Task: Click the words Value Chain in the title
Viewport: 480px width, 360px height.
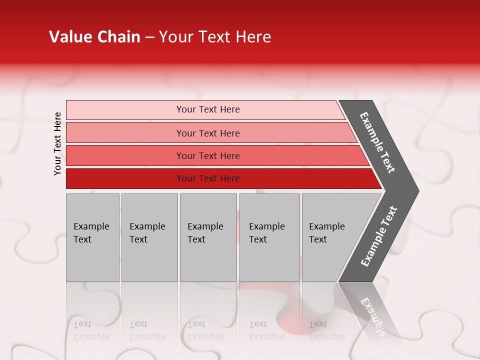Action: pos(94,37)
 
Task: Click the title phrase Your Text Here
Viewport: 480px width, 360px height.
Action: pos(215,37)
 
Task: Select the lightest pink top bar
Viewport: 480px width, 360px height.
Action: pos(125,110)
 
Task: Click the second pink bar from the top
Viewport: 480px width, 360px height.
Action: pos(125,133)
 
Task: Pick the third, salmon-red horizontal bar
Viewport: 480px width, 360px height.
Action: pos(125,155)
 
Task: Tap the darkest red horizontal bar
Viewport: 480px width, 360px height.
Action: pos(125,178)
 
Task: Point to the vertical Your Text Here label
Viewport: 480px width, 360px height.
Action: pos(57,143)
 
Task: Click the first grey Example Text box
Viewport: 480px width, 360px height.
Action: pos(92,237)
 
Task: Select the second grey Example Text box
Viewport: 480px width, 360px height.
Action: pos(149,237)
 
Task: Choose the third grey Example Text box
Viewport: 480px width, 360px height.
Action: pos(208,237)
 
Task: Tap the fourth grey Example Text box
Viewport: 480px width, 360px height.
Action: pos(269,237)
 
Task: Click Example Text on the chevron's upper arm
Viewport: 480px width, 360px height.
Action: pos(377,142)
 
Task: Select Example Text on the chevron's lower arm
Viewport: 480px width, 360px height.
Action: pos(379,236)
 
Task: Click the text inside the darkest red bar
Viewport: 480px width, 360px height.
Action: pos(208,178)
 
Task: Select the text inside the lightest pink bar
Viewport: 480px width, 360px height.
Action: pos(208,109)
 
